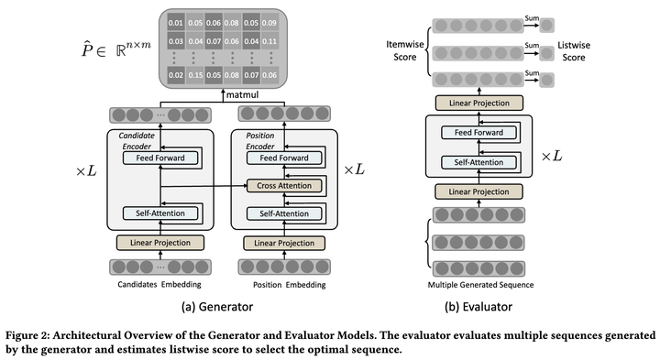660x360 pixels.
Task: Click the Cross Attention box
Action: click(x=285, y=186)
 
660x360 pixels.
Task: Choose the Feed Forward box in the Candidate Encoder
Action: click(x=160, y=158)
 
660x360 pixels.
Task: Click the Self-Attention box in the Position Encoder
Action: click(x=285, y=213)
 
